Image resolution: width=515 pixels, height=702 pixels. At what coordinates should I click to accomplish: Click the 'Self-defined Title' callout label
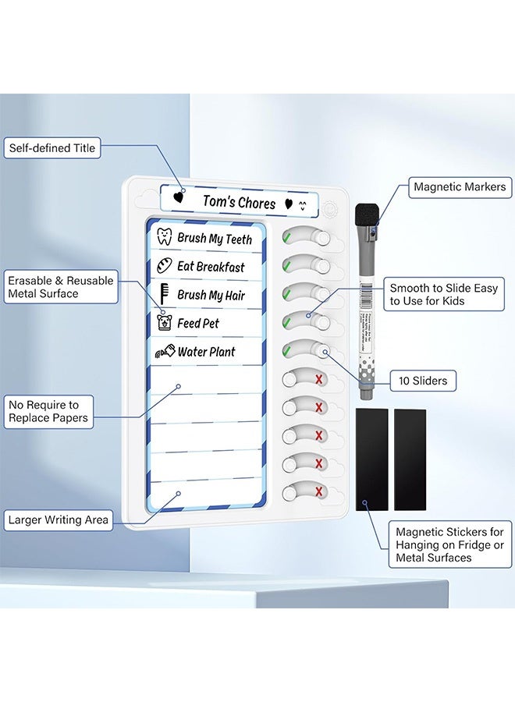[51, 148]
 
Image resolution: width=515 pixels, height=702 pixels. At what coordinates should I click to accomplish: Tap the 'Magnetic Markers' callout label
[460, 186]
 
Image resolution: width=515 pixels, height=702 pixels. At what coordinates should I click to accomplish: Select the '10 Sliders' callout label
[422, 381]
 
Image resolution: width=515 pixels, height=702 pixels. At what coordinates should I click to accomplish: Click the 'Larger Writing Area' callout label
[58, 519]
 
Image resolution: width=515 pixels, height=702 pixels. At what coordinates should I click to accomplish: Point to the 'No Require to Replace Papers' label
[48, 412]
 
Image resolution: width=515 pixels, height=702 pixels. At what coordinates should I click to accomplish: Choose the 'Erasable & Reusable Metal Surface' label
[60, 287]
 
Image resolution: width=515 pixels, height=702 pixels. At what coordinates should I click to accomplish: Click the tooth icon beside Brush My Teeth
[165, 238]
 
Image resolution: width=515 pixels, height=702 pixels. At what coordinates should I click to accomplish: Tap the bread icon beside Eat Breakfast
[165, 266]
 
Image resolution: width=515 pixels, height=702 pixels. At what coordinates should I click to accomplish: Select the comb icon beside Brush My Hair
[165, 294]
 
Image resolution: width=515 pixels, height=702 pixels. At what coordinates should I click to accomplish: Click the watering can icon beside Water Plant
[164, 352]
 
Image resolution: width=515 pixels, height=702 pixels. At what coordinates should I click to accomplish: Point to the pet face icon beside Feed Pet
[165, 322]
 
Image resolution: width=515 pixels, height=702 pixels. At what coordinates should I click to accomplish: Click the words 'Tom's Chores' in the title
[239, 202]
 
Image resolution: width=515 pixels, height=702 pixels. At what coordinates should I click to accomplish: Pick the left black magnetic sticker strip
[371, 459]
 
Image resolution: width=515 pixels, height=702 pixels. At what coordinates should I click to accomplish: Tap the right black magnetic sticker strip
[410, 459]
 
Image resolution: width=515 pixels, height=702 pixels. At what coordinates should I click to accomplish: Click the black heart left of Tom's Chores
[179, 197]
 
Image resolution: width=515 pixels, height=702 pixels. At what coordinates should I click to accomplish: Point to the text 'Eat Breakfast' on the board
[211, 267]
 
